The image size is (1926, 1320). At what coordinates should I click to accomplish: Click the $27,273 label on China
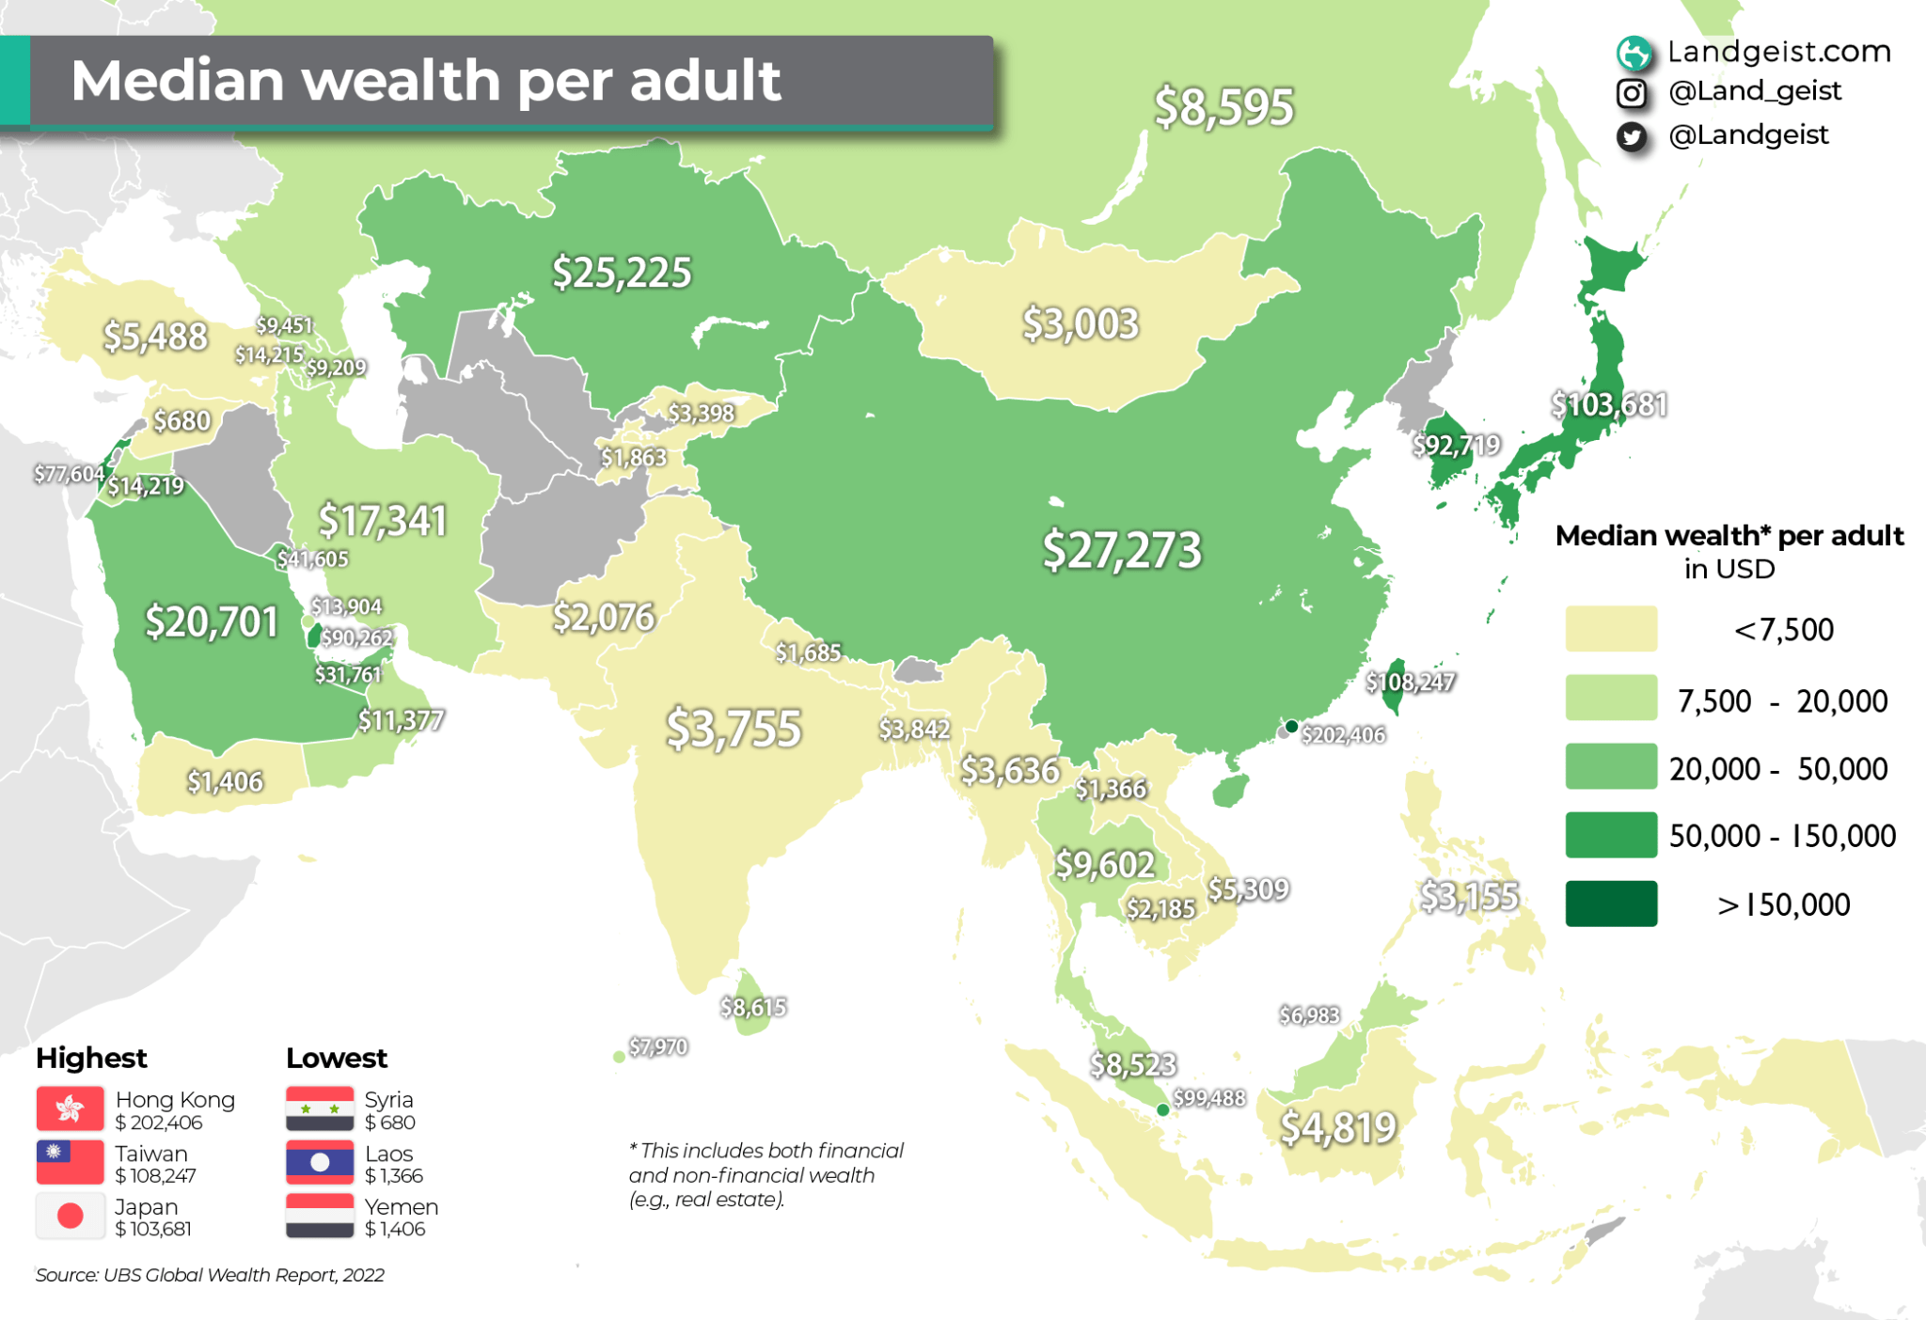pyautogui.click(x=1122, y=550)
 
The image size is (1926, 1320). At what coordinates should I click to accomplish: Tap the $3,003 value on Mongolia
pyautogui.click(x=1081, y=324)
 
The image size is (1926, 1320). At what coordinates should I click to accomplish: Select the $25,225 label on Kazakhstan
pyautogui.click(x=622, y=273)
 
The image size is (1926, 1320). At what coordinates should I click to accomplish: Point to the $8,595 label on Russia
pyautogui.click(x=1224, y=107)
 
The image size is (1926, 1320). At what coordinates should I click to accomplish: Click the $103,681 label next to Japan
pyautogui.click(x=1609, y=404)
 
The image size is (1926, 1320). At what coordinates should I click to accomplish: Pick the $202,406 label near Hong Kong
pyautogui.click(x=1343, y=734)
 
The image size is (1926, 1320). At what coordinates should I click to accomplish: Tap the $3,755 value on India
pyautogui.click(x=734, y=730)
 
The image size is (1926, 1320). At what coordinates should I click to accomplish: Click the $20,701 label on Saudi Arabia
pyautogui.click(x=212, y=622)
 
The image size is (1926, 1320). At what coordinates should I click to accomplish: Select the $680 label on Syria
pyautogui.click(x=182, y=420)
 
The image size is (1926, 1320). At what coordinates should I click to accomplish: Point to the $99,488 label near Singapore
pyautogui.click(x=1208, y=1098)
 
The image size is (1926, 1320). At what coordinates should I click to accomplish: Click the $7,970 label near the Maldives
pyautogui.click(x=658, y=1046)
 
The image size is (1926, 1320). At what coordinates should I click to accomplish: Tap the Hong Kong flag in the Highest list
pyautogui.click(x=70, y=1109)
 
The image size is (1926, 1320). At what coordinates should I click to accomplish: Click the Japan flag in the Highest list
pyautogui.click(x=70, y=1217)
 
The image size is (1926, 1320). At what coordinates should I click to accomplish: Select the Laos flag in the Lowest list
pyautogui.click(x=320, y=1163)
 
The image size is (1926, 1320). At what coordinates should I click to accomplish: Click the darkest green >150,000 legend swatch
pyautogui.click(x=1611, y=904)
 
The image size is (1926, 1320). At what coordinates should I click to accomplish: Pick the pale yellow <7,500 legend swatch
pyautogui.click(x=1611, y=629)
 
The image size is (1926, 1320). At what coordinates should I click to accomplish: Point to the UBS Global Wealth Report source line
pyautogui.click(x=210, y=1275)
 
